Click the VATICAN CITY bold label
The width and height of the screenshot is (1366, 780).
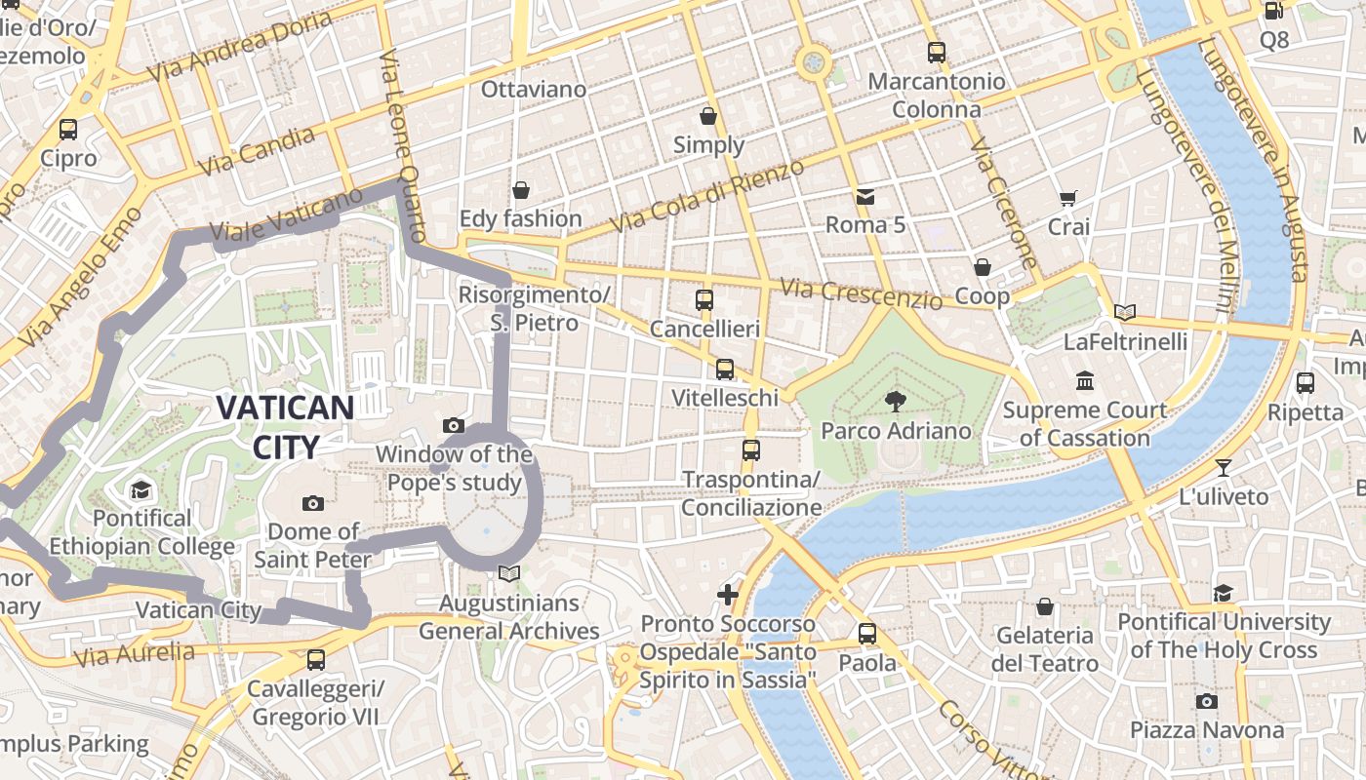[x=285, y=427]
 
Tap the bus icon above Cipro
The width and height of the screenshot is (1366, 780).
[x=68, y=129]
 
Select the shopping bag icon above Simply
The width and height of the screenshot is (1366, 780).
[x=708, y=116]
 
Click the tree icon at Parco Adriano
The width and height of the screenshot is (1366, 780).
[x=895, y=401]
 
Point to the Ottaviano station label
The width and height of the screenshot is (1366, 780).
[x=534, y=90]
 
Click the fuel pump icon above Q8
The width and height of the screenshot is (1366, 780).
[x=1273, y=11]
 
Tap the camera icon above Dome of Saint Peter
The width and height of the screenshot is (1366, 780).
[x=313, y=503]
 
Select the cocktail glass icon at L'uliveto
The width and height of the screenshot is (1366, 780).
[x=1224, y=467]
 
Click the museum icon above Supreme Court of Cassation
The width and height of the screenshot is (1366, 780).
[x=1084, y=380]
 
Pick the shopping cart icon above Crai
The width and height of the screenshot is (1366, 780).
[x=1068, y=198]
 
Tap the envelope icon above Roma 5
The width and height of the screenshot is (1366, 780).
[x=864, y=196]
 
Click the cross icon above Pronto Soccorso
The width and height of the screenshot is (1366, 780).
[x=728, y=594]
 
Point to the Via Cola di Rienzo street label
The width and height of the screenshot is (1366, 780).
[x=706, y=196]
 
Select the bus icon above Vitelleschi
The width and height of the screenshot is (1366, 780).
[x=724, y=369]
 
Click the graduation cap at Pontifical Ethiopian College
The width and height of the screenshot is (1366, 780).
[x=141, y=489]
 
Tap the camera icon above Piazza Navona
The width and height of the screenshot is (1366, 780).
[x=1207, y=701]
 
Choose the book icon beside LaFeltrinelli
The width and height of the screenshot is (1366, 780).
[x=1125, y=312]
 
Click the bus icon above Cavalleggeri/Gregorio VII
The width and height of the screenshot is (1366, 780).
[x=316, y=660]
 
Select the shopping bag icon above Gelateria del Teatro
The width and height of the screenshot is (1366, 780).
[x=1044, y=606]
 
